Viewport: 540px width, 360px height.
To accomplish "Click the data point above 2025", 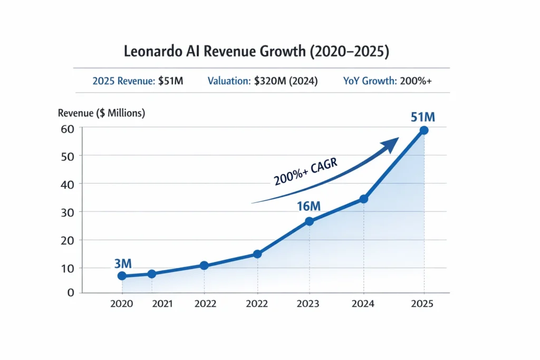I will click(x=423, y=130).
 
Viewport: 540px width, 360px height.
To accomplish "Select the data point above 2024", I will click(x=363, y=199).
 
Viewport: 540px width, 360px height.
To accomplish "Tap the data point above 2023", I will click(x=309, y=221).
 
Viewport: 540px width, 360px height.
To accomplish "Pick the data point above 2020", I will click(x=122, y=276).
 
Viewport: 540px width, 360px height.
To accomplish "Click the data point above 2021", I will click(x=152, y=274).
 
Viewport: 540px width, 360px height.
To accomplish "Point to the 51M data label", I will click(x=423, y=116).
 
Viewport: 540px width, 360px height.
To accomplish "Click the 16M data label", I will click(x=308, y=206).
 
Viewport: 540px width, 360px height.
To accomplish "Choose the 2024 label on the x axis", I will click(x=363, y=304).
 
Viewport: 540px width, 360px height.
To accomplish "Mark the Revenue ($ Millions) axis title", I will click(x=101, y=113).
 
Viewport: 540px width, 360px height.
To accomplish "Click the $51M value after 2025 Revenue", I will click(x=170, y=81).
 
